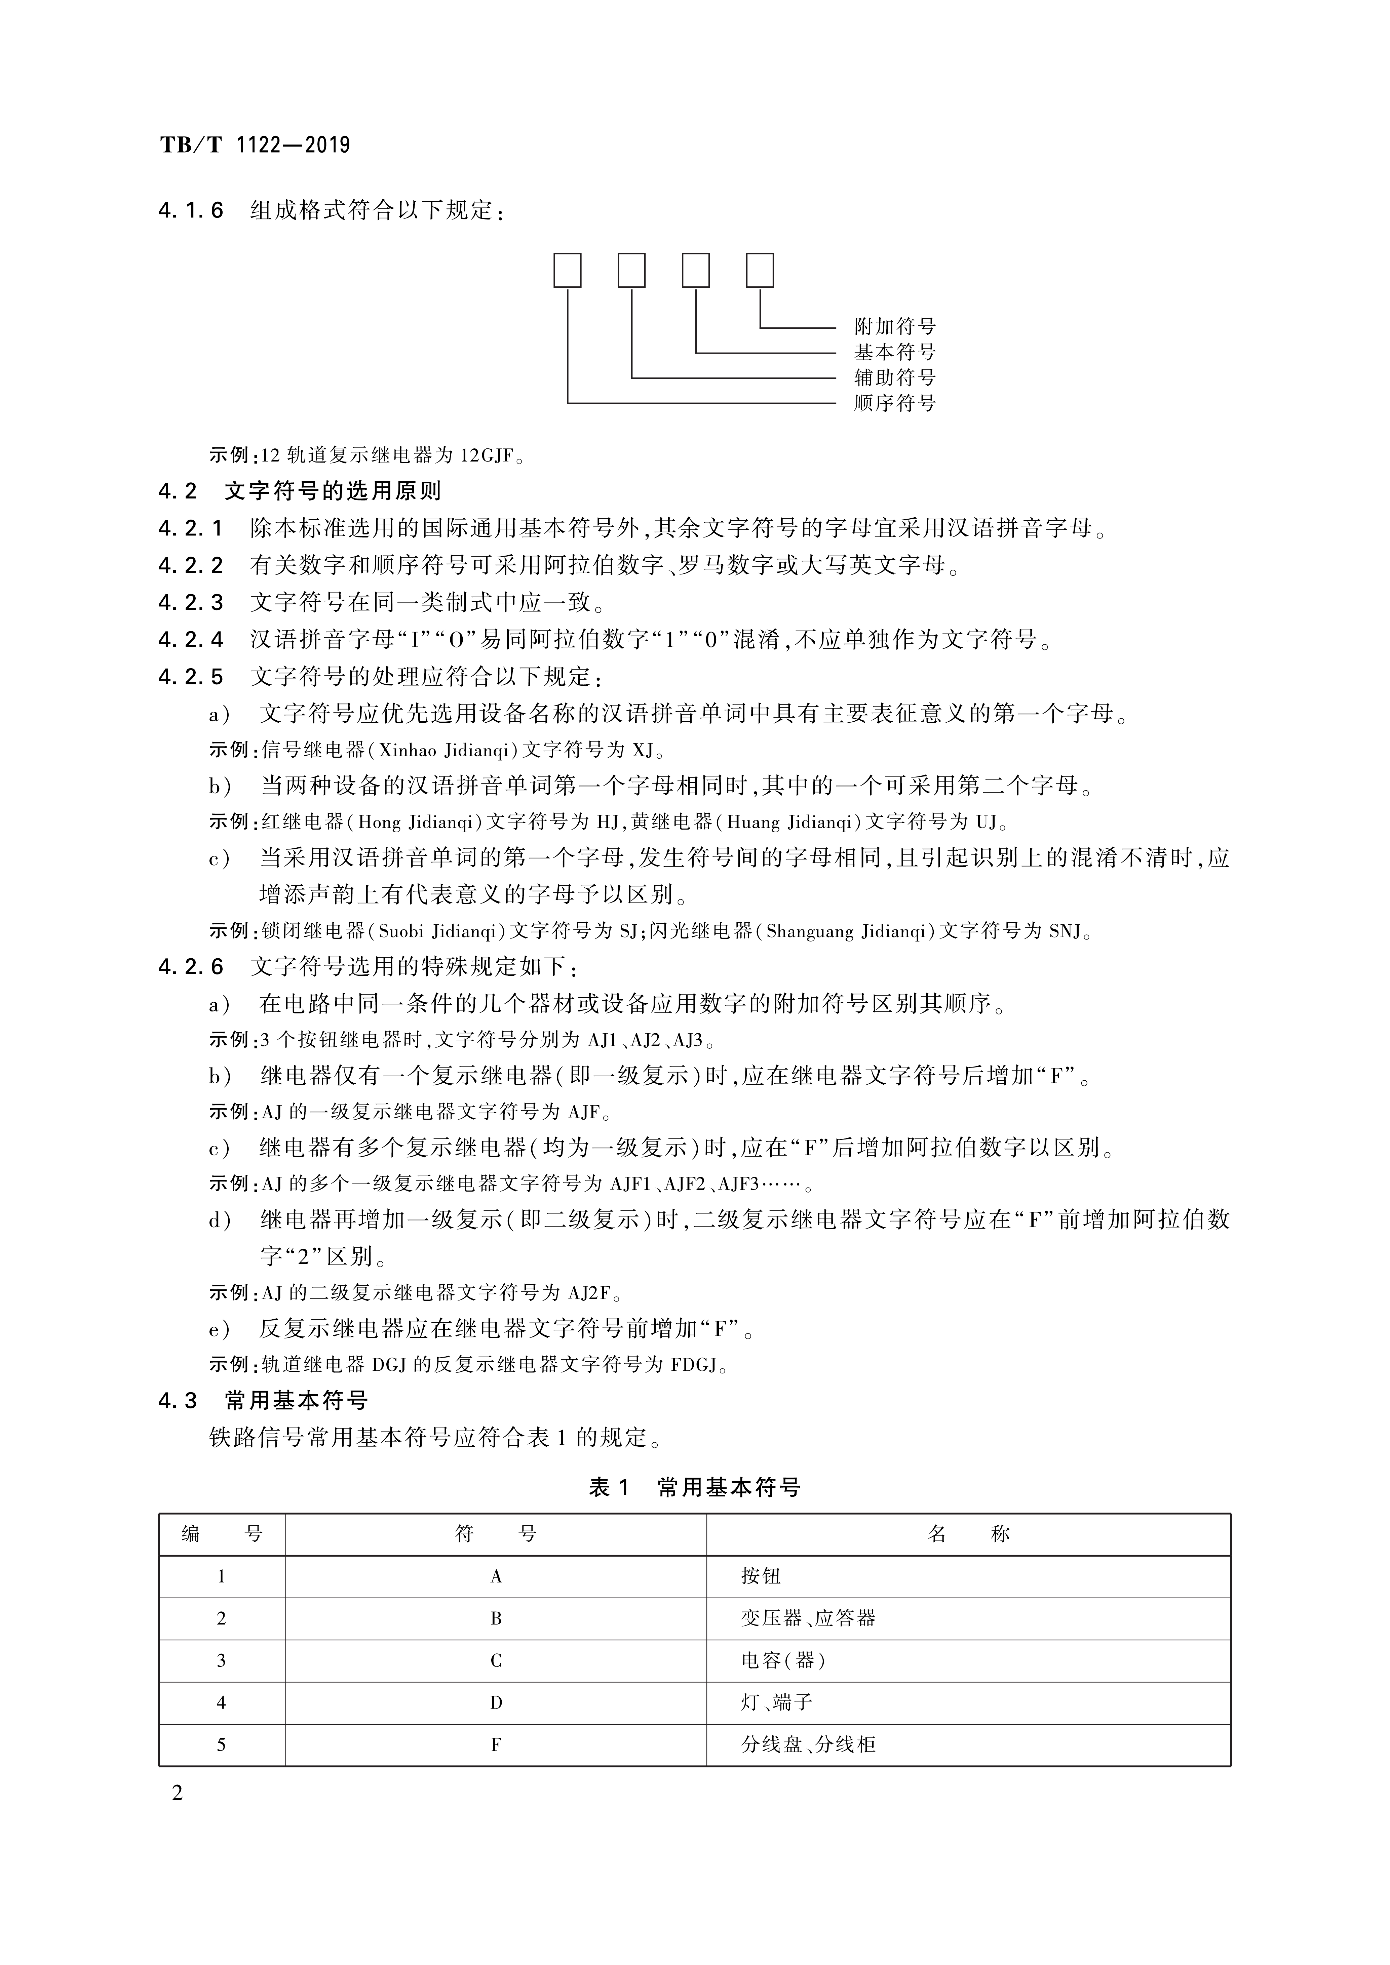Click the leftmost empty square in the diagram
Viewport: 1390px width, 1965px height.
click(568, 271)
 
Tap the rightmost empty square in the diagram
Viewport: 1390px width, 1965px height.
click(760, 271)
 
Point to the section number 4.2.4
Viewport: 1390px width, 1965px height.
click(191, 639)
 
